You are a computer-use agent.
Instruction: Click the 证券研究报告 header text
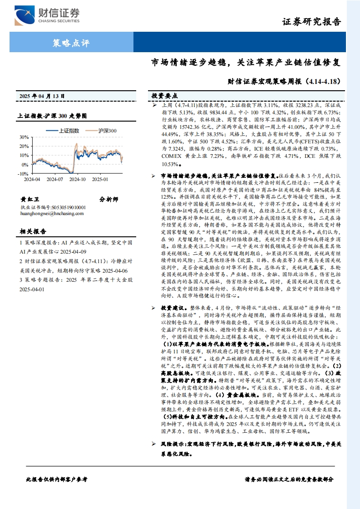(311, 22)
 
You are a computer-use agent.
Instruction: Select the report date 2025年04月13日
(42, 96)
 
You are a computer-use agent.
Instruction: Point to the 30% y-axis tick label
(23, 137)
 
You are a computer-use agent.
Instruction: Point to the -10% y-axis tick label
(23, 174)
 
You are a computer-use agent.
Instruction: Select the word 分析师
(108, 199)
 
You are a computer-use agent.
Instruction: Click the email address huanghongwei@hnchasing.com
(50, 214)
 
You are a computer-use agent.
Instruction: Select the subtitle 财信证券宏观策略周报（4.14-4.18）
(284, 82)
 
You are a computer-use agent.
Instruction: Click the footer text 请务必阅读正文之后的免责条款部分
(289, 479)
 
